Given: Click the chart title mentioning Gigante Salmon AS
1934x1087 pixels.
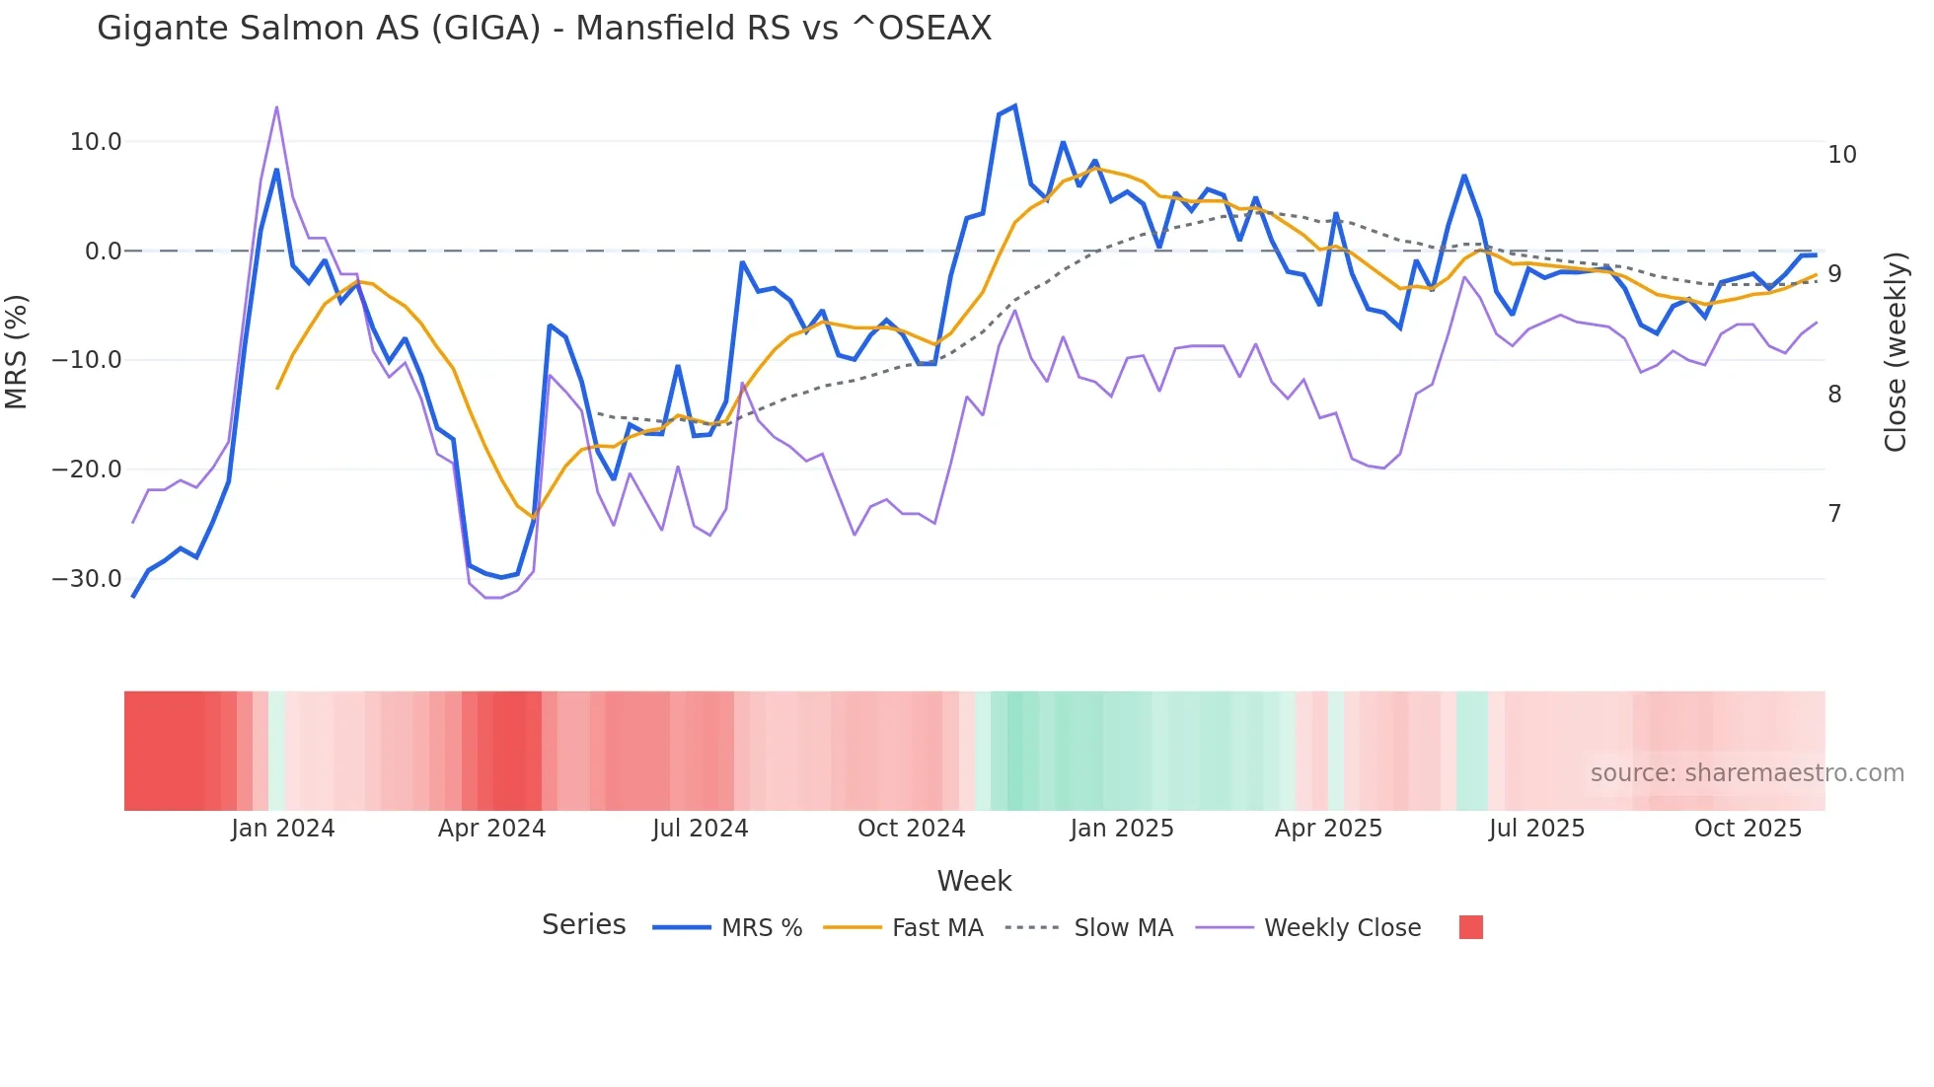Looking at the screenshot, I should coord(544,29).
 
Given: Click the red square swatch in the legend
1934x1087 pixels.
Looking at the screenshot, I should coord(1470,927).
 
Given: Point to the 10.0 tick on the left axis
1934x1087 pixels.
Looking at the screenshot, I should coord(96,142).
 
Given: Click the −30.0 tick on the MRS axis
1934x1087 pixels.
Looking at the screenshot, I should coord(87,579).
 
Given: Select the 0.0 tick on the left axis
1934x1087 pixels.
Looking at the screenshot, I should coord(103,252).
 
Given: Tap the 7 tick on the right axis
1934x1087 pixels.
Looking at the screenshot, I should coord(1834,514).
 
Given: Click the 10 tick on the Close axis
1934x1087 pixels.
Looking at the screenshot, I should coord(1841,155).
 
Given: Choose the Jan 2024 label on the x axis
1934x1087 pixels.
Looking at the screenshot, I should coord(283,829).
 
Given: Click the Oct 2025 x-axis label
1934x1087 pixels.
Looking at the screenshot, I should coord(1748,829).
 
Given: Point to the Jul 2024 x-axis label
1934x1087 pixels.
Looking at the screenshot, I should coord(700,829).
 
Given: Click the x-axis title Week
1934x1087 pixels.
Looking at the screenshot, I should coord(974,881).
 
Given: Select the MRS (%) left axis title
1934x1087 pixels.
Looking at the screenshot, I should coord(17,351).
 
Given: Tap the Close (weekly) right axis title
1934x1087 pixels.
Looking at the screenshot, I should coord(1895,352).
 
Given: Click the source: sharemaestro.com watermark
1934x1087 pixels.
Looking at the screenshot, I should coord(1747,773).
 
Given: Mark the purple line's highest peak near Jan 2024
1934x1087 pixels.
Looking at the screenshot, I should coord(276,107).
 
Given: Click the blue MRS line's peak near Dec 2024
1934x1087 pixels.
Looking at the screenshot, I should coord(1014,107).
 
